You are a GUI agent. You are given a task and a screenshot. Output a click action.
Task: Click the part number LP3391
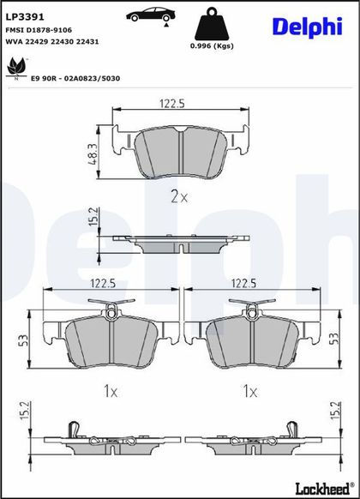point(25,17)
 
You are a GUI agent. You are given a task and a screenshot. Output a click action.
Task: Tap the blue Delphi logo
point(308,27)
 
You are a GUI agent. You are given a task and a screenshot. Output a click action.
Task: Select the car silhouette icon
point(150,15)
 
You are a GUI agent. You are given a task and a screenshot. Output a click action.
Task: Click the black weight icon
point(211,25)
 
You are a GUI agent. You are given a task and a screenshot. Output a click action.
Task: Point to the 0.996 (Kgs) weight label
point(212,45)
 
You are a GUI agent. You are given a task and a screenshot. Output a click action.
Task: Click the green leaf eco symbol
point(16,68)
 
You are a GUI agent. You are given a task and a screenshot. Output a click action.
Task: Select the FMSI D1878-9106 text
point(39,30)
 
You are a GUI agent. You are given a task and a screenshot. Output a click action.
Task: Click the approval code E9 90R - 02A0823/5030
point(75,78)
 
